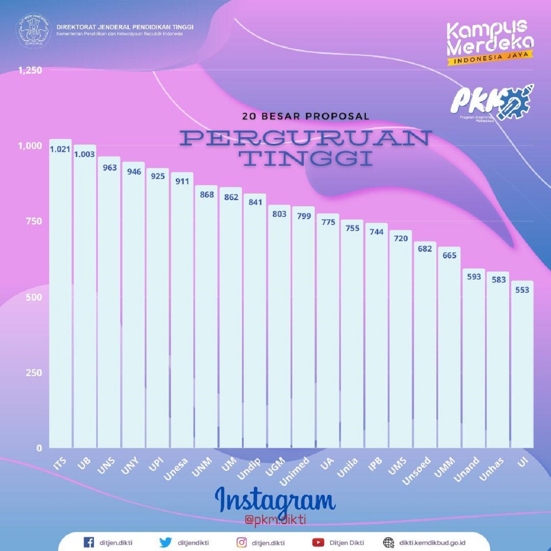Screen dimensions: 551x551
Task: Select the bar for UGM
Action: [279, 326]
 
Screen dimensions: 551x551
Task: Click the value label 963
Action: [110, 168]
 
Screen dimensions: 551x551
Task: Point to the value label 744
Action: [376, 232]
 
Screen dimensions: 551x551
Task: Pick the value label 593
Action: [474, 277]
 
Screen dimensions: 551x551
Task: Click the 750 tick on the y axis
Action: [34, 221]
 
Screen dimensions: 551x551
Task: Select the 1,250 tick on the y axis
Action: [30, 70]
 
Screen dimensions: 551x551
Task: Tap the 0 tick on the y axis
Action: [39, 448]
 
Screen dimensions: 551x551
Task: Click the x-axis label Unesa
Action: [176, 469]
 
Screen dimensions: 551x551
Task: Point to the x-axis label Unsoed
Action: [417, 471]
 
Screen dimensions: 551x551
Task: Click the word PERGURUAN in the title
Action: [305, 138]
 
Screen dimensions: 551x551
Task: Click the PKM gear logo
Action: [492, 103]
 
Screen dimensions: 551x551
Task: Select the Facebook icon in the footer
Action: [89, 542]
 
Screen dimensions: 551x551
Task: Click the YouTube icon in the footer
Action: [318, 542]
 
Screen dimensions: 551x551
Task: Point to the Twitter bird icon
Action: [165, 542]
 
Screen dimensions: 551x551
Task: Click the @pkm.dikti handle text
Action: [275, 520]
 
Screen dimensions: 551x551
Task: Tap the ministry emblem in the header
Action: [34, 30]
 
